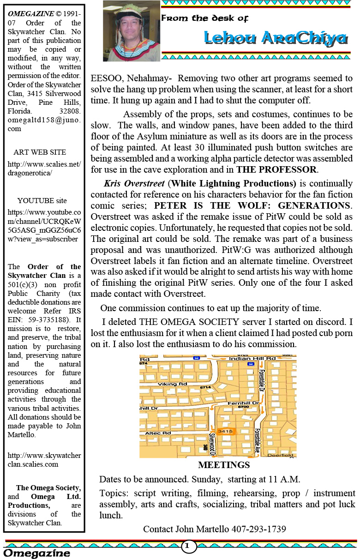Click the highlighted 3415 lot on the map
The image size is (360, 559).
tap(225, 431)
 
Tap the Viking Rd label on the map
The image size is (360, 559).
tap(173, 384)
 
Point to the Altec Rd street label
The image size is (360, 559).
tap(158, 433)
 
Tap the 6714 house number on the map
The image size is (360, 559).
tap(205, 387)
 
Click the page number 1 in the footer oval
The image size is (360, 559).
tap(187, 546)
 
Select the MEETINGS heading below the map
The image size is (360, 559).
tap(224, 465)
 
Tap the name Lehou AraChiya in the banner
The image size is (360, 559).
tap(275, 38)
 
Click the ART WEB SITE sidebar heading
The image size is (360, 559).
tap(40, 152)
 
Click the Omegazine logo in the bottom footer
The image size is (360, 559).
tap(37, 553)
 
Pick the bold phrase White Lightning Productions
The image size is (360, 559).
tap(232, 183)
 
